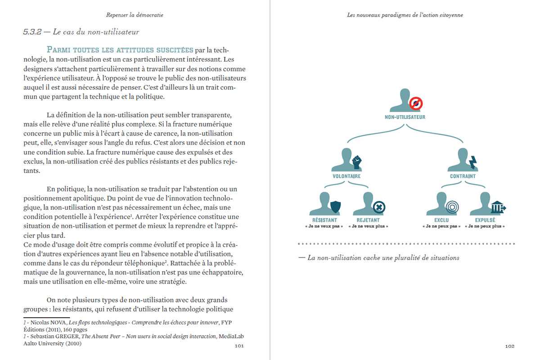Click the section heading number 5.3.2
click(x=33, y=32)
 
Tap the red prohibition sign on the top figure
click(x=416, y=104)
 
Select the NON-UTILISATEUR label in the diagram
click(x=405, y=117)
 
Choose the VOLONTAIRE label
click(x=346, y=176)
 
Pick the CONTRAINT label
click(x=463, y=176)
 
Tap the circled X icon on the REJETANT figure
click(x=379, y=207)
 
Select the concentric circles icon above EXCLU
click(x=452, y=207)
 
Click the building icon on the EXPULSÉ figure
click(x=497, y=207)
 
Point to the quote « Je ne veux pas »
click(x=324, y=226)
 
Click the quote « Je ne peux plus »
click(x=485, y=226)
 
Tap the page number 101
click(x=239, y=346)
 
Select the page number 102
click(x=509, y=346)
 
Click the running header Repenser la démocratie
click(x=135, y=15)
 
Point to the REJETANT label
click(x=368, y=220)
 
